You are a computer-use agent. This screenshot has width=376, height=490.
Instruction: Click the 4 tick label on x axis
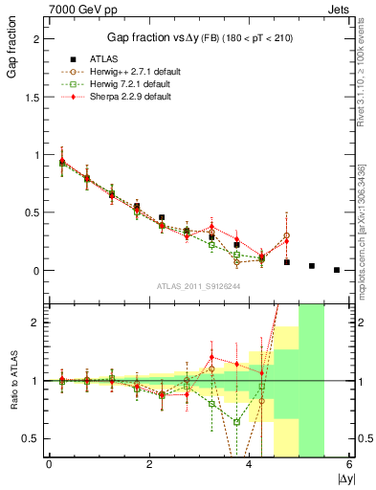click(250, 466)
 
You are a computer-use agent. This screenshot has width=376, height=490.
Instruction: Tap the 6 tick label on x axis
click(349, 466)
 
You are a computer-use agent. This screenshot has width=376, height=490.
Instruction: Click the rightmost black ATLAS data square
click(337, 270)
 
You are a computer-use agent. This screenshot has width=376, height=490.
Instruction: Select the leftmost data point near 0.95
click(62, 162)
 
